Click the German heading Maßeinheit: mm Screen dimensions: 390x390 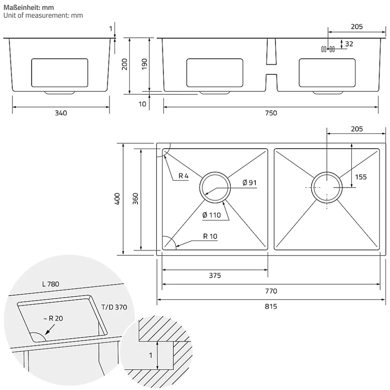coord(28,7)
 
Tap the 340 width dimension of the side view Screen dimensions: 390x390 coord(61,113)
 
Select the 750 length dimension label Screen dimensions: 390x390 coord(271,113)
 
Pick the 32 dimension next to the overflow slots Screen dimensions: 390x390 coord(349,44)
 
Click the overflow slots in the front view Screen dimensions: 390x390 coord(327,49)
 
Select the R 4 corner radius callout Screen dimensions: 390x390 coord(183,176)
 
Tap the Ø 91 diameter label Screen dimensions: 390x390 coord(249,183)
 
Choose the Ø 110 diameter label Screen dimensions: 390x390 coord(211,215)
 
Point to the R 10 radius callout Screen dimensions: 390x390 coord(210,236)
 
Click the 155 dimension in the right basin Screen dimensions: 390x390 coord(361,177)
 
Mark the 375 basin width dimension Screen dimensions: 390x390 coord(215,276)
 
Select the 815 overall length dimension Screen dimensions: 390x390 coord(271,306)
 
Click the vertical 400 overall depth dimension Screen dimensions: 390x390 coord(117,199)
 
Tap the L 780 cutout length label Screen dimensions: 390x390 coord(50,284)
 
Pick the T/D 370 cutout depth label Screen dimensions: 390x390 coord(114,307)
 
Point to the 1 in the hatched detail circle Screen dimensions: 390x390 coord(151,355)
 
